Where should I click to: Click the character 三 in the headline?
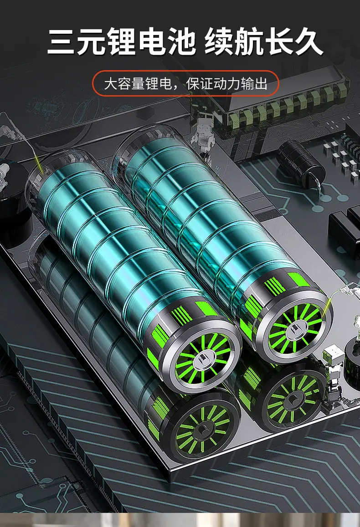61,42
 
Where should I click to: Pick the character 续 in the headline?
219,42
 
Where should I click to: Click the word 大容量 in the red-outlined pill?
124,84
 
